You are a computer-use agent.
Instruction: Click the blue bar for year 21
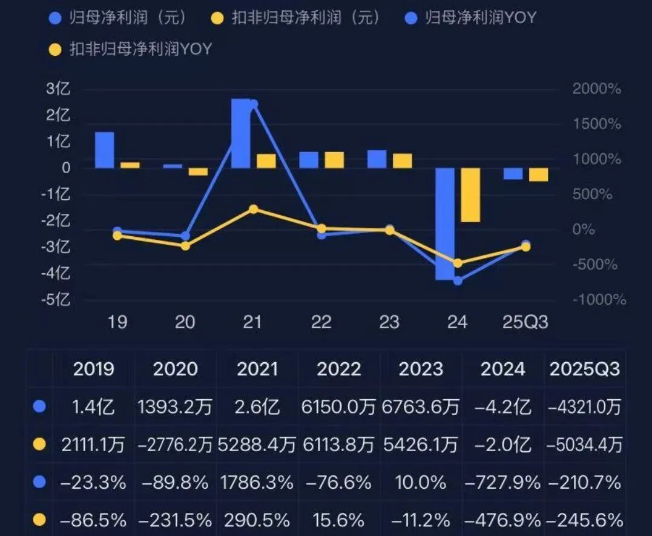(x=241, y=133)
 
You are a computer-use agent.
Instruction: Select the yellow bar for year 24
(x=470, y=195)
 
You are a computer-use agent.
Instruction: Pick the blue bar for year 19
(x=105, y=150)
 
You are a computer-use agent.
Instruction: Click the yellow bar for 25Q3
(x=538, y=174)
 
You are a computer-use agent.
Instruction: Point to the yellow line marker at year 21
(x=254, y=210)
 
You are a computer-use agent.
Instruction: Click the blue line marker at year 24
(x=458, y=280)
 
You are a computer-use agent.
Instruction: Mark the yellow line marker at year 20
(x=185, y=245)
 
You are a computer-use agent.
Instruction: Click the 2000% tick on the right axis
(x=597, y=89)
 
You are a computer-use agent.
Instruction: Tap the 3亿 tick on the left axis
(x=59, y=89)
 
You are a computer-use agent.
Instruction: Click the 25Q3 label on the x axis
(x=525, y=322)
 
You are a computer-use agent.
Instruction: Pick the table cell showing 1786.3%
(x=257, y=482)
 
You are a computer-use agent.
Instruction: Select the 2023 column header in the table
(x=420, y=369)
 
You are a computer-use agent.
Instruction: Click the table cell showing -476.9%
(x=502, y=519)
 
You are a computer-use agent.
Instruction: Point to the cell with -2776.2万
(x=175, y=445)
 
